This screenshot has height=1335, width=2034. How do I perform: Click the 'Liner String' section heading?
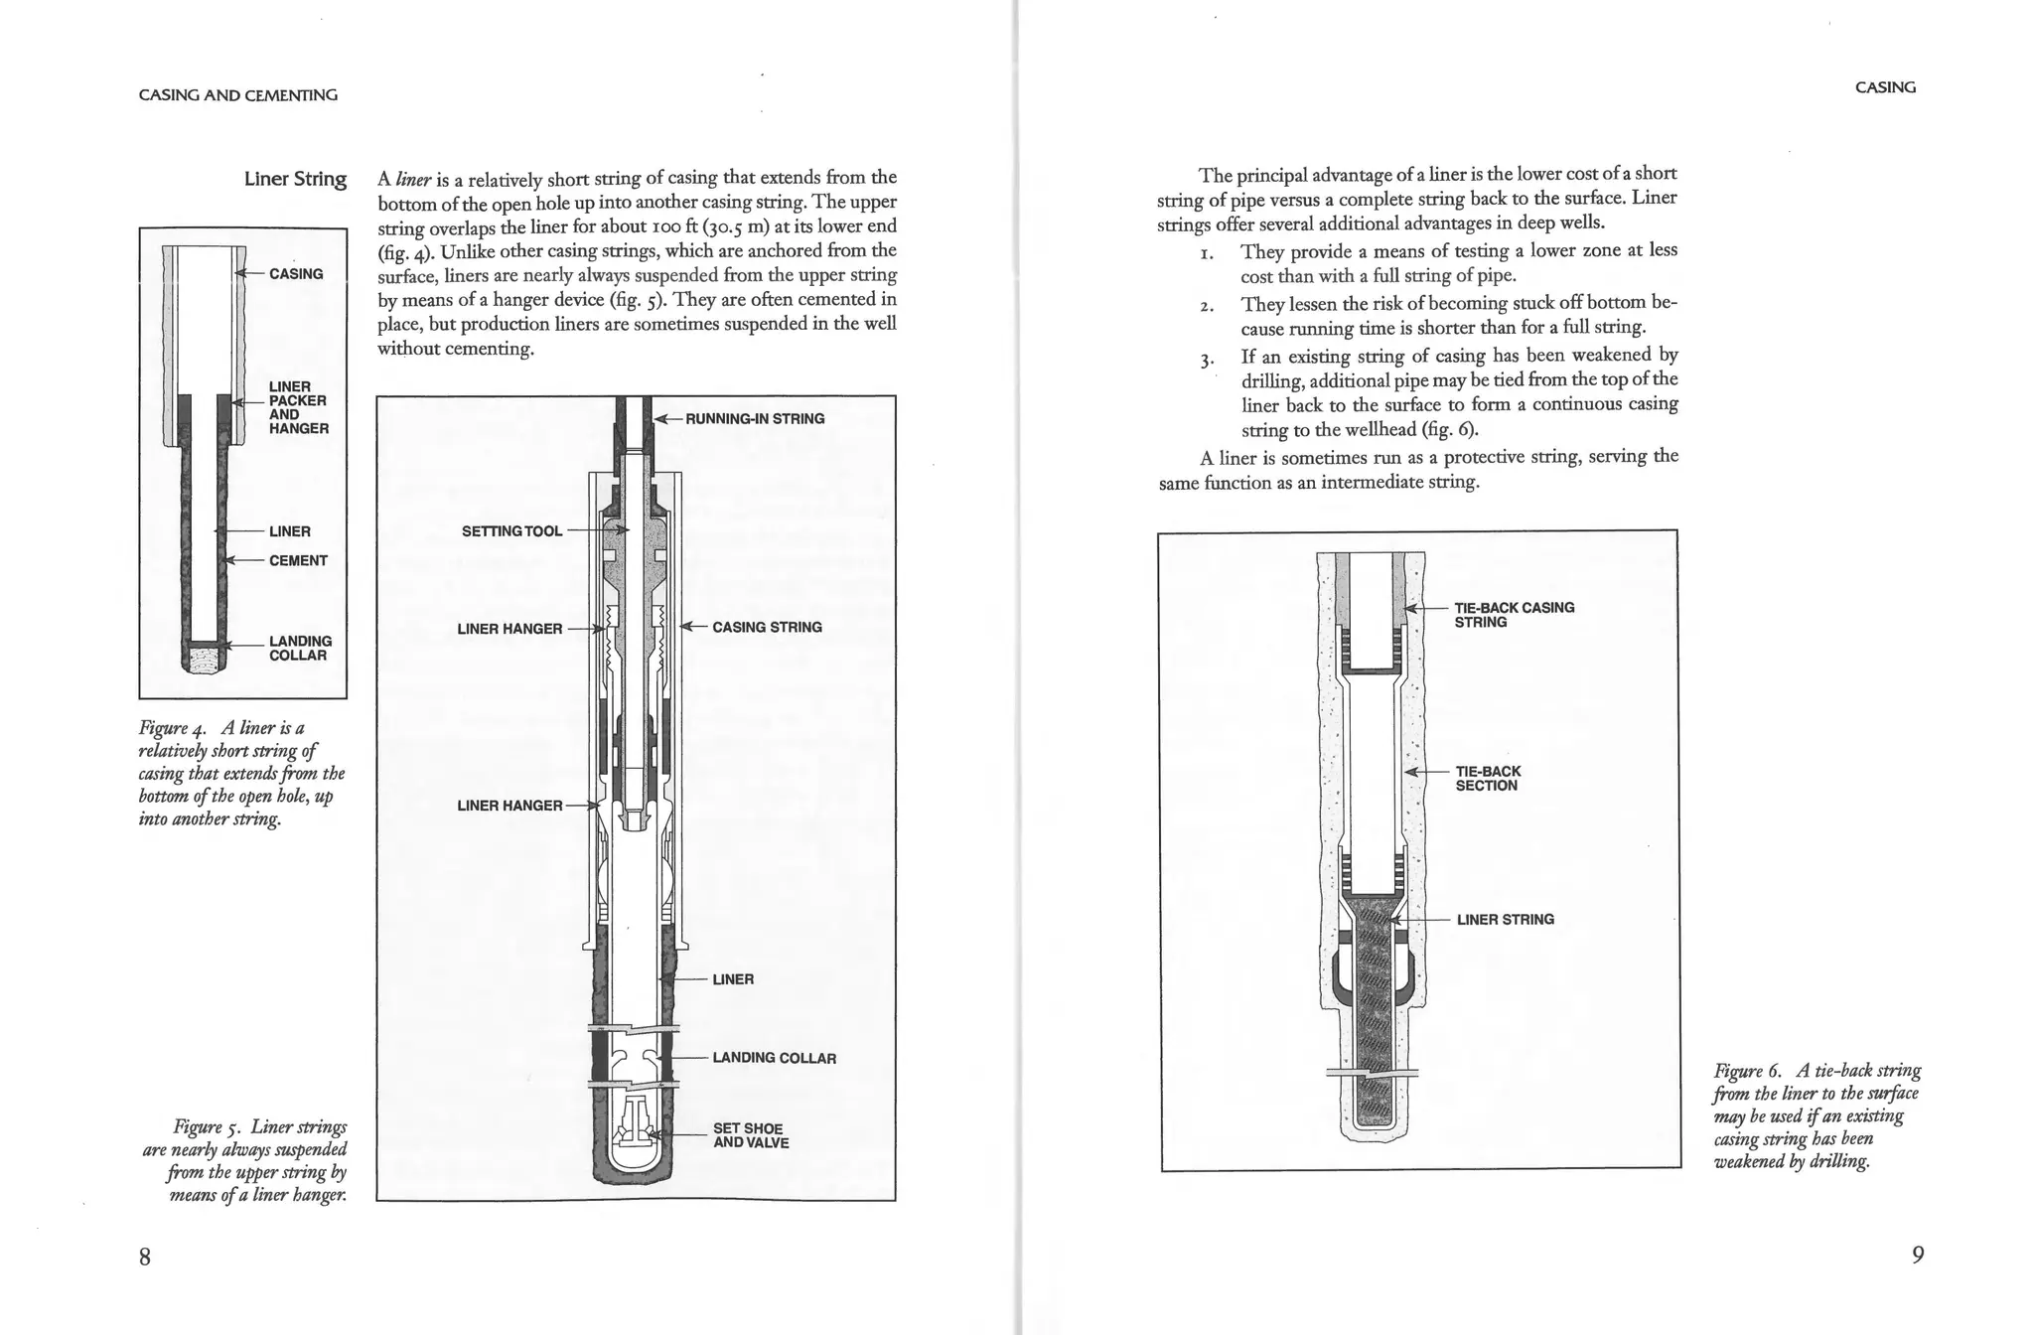tap(295, 179)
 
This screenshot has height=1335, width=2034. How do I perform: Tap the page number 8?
tap(145, 1257)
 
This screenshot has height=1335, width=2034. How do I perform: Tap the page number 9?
tap(1918, 1255)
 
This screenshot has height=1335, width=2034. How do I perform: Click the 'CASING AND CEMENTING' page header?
tap(237, 95)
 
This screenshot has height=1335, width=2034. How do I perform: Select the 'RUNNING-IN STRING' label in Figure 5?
tap(754, 419)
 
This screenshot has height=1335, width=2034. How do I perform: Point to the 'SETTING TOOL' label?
tap(511, 531)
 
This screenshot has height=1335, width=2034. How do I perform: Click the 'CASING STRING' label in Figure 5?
tap(767, 628)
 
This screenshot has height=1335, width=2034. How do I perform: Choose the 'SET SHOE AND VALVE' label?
tap(750, 1135)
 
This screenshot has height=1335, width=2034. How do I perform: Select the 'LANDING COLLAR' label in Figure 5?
tap(774, 1058)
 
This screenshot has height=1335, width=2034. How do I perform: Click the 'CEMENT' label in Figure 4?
tap(298, 561)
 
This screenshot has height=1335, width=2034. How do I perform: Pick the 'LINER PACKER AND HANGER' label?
tap(298, 407)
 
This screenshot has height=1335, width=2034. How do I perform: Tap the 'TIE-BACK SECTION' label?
tap(1487, 779)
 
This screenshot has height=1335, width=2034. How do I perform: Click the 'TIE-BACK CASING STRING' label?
tap(1514, 615)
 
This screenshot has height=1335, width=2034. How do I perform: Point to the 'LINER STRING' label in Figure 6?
tap(1505, 920)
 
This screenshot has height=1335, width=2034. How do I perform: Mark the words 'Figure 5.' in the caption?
tap(208, 1127)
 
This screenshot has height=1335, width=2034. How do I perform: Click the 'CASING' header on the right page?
tap(1885, 87)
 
